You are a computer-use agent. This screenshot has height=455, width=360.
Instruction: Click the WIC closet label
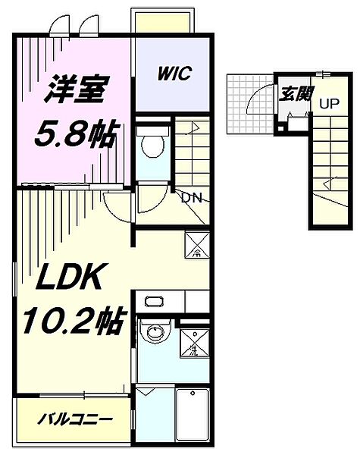(x=174, y=74)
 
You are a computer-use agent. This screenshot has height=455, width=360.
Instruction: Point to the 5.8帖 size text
(x=76, y=136)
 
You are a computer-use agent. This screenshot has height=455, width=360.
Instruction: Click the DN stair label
(x=190, y=199)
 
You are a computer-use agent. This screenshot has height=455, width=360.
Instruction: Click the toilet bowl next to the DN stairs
(x=154, y=145)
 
